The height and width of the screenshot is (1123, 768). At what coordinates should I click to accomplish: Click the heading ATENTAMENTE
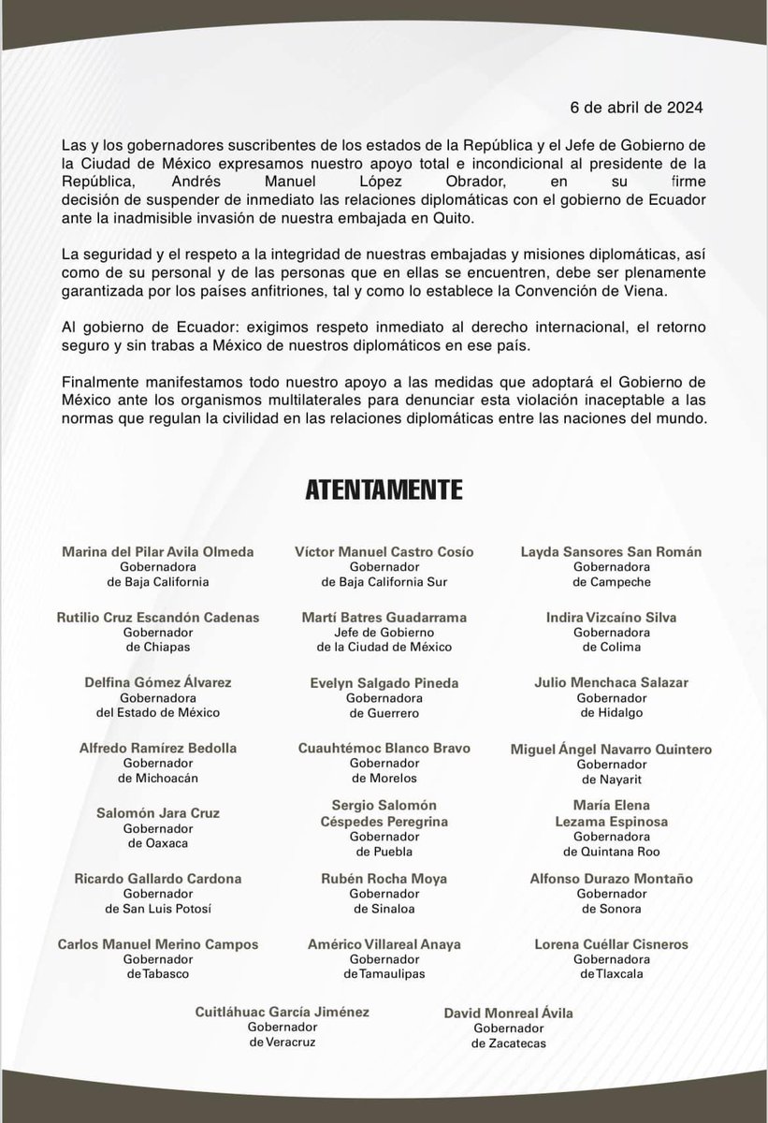click(x=384, y=489)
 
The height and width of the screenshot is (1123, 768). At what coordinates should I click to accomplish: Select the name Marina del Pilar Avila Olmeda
click(x=157, y=552)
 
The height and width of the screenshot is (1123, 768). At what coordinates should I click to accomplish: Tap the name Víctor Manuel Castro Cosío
click(x=384, y=552)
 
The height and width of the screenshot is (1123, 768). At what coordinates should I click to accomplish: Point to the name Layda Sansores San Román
click(x=611, y=552)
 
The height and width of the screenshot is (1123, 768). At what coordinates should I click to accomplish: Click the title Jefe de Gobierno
click(x=384, y=633)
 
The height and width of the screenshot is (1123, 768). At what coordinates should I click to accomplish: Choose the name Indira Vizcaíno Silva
click(x=611, y=618)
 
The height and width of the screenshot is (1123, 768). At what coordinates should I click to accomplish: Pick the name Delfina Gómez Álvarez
click(x=157, y=683)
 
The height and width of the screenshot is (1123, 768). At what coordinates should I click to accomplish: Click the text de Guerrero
click(x=384, y=713)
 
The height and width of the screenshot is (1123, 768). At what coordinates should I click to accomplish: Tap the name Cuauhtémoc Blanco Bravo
click(x=384, y=749)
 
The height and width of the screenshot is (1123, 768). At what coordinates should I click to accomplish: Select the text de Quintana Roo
click(x=611, y=852)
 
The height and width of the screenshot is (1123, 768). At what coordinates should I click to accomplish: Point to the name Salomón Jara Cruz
click(x=157, y=813)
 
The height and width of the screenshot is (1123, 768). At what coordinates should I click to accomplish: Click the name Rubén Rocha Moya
click(x=384, y=879)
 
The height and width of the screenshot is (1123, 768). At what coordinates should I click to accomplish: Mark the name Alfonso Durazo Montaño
click(x=611, y=879)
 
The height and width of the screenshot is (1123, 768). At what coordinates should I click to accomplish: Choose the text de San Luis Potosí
click(x=157, y=909)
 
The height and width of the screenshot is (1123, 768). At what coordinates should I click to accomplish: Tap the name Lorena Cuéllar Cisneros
click(x=611, y=944)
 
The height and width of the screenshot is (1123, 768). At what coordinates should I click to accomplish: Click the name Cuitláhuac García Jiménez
click(x=269, y=1012)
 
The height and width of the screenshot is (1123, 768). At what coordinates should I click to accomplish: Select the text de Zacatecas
click(x=508, y=1043)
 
